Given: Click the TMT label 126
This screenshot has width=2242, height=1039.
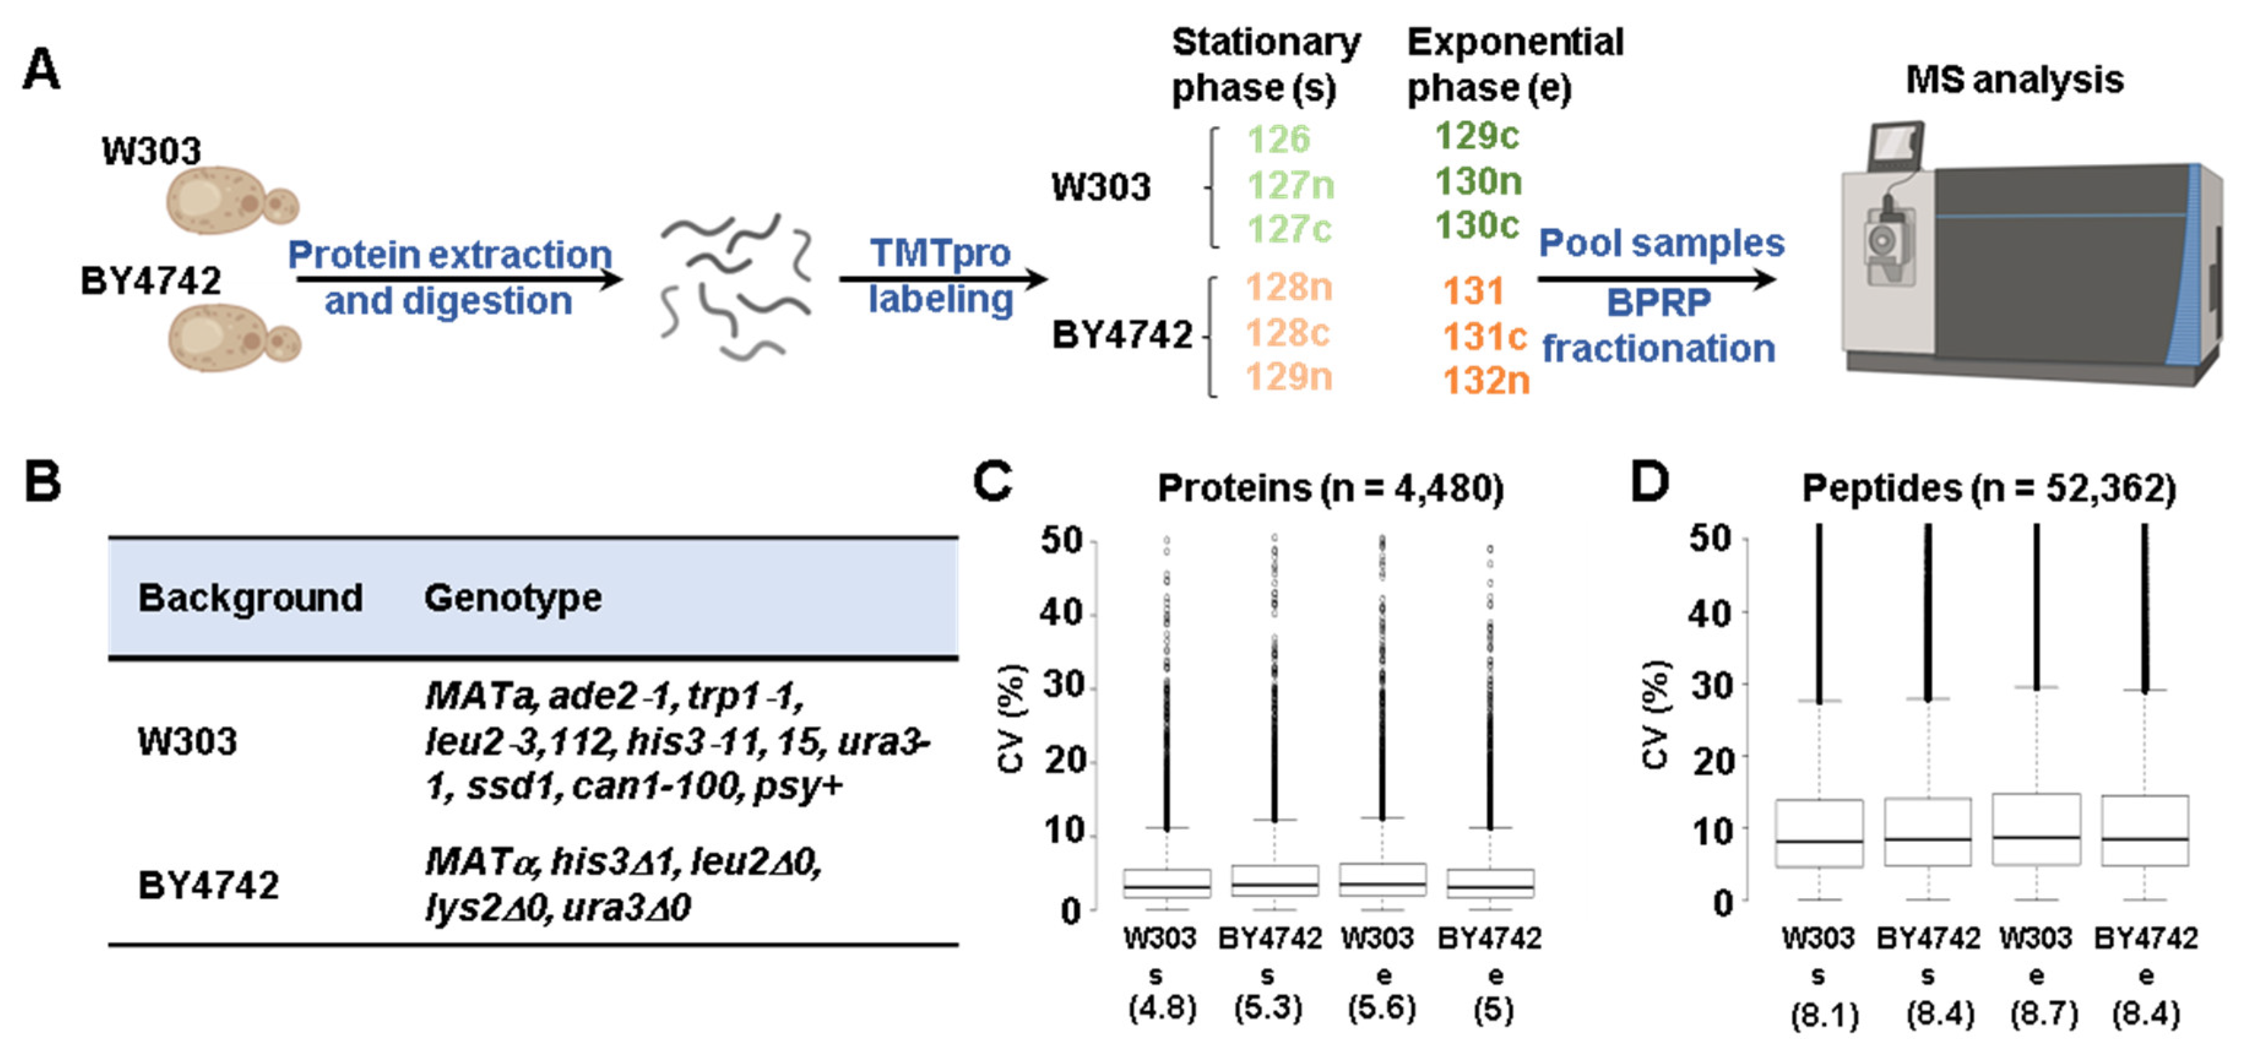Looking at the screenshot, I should point(1278,139).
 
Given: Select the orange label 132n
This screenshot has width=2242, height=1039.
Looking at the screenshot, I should point(1486,380).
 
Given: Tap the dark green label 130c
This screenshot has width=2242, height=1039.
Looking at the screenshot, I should point(1477,225).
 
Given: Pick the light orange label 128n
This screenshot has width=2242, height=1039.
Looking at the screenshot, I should point(1289,287).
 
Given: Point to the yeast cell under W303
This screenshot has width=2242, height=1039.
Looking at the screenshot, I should point(230,200).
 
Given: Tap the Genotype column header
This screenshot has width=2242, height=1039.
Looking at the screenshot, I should point(512,598).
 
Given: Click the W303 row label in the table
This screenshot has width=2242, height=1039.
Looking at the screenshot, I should point(187,741).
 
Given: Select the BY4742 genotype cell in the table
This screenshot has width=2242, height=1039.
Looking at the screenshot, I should point(622,884).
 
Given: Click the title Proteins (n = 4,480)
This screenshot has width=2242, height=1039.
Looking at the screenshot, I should point(1330,488).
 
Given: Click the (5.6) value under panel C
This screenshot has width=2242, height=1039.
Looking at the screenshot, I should point(1381,1008).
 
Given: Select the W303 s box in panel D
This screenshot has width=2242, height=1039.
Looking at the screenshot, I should point(1819,833).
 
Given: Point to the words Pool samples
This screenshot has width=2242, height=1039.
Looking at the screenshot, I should point(1660,243).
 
